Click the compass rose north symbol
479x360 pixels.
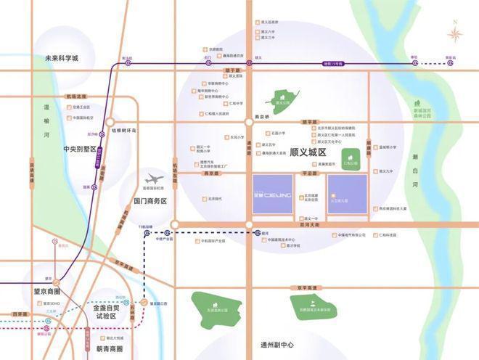point(455,33)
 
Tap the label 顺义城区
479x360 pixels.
point(308,153)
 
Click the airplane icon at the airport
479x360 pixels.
point(155,178)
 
